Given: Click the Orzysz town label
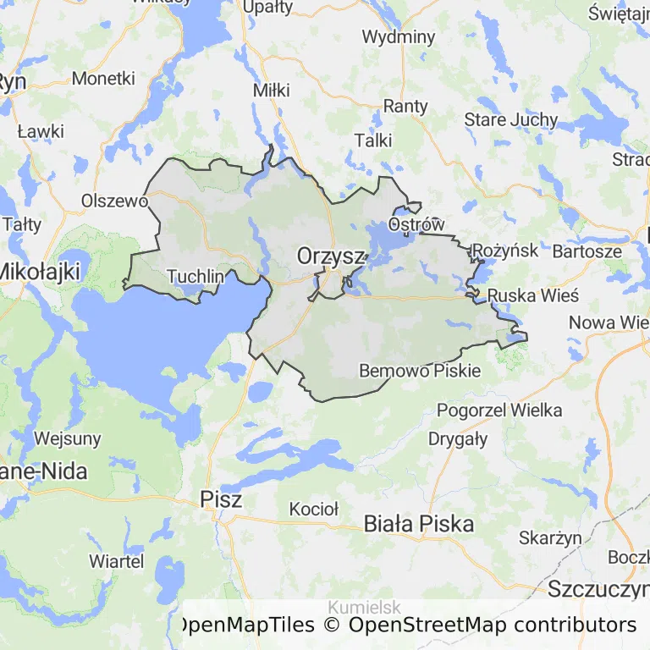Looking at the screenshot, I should tap(330, 256).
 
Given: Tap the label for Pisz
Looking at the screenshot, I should tap(222, 499).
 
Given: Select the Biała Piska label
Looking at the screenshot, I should tap(418, 523).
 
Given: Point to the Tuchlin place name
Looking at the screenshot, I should tap(196, 276).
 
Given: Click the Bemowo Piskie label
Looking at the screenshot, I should tap(420, 371).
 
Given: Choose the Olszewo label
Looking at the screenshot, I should tap(114, 201).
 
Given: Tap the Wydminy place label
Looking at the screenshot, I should tap(398, 37).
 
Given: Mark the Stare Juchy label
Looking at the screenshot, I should tap(511, 119).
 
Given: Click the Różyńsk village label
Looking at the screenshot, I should tap(505, 251).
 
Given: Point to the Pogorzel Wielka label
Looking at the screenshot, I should tap(499, 410).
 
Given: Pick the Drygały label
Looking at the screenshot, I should tap(458, 438).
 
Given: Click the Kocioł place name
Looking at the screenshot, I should tap(313, 509).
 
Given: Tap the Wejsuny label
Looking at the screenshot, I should tap(68, 438).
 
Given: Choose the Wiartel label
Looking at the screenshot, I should tap(116, 561).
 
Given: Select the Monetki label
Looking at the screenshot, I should tap(103, 78).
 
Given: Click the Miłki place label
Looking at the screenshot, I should tap(271, 90).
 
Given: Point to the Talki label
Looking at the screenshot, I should tap(373, 140).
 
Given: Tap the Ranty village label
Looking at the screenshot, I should tap(405, 107).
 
